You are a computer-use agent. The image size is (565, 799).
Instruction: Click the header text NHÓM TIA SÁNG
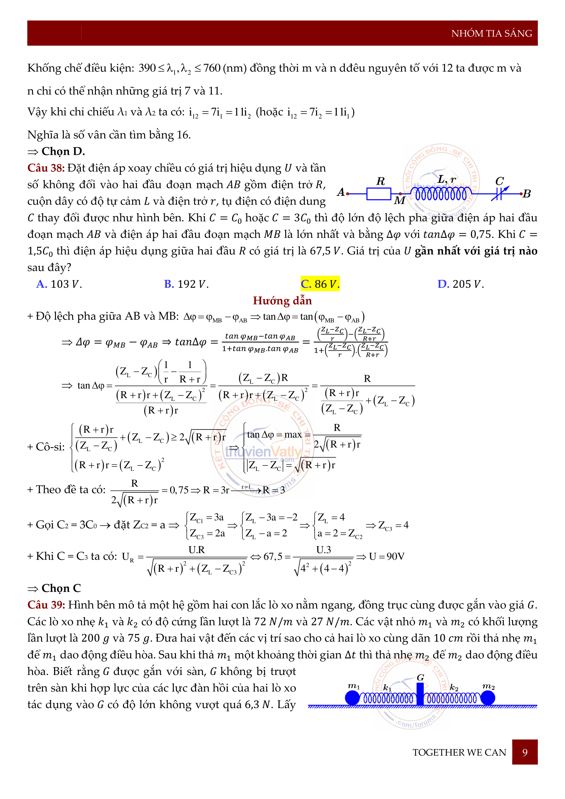click(491, 33)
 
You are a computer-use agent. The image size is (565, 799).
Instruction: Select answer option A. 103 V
click(59, 284)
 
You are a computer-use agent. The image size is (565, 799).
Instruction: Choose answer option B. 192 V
click(186, 284)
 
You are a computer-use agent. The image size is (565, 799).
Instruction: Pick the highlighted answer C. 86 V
click(320, 284)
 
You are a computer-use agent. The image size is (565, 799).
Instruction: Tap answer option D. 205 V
click(460, 284)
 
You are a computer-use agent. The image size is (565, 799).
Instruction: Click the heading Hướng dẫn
click(282, 300)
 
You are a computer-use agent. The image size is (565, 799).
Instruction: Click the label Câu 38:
click(46, 168)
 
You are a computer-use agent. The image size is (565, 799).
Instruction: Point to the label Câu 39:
click(46, 605)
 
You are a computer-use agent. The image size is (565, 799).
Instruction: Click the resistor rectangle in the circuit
click(379, 194)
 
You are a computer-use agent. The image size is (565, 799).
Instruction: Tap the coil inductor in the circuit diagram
click(441, 194)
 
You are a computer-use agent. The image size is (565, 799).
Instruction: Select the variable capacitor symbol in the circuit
click(499, 194)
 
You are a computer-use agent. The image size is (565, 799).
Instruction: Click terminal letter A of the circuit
click(341, 192)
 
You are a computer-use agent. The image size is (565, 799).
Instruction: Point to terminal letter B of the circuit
click(527, 194)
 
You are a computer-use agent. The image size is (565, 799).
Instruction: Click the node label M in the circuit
click(400, 201)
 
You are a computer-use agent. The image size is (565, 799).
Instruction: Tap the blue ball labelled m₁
click(353, 698)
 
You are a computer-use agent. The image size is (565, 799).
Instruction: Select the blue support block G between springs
click(420, 694)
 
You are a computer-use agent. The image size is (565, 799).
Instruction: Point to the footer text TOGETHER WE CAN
click(459, 753)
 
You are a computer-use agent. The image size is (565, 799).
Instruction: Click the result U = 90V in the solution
click(387, 556)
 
